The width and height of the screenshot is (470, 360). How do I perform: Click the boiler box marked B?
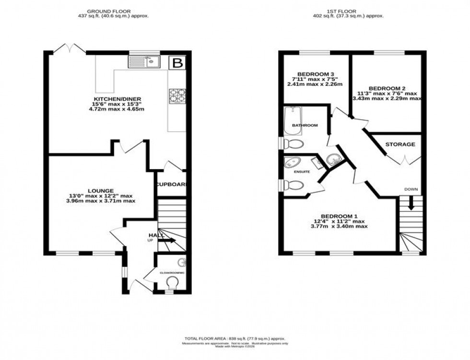(177, 62)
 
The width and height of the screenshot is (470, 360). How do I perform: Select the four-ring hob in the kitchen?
(176, 96)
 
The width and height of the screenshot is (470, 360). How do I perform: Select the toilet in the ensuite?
(293, 185)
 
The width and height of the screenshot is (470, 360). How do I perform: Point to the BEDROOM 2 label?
(387, 88)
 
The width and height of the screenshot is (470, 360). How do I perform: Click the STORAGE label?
(400, 144)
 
